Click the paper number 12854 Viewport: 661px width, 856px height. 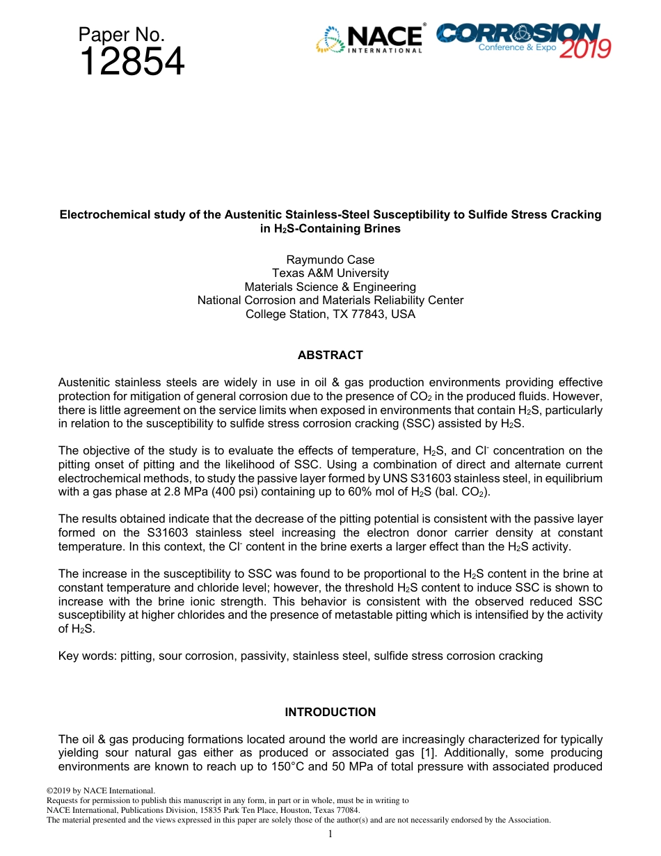coord(132,63)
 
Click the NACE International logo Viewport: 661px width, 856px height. coord(369,40)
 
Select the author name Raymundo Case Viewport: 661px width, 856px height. coord(330,260)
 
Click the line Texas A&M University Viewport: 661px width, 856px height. coord(330,274)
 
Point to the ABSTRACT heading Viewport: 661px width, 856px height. coord(330,355)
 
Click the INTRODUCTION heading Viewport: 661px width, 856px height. coord(330,712)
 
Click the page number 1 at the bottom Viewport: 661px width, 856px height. coord(330,834)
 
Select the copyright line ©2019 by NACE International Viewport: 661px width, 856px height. coord(100,791)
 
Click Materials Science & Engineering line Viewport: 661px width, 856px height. coord(330,287)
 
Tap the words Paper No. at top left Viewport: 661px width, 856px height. coord(121,35)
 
